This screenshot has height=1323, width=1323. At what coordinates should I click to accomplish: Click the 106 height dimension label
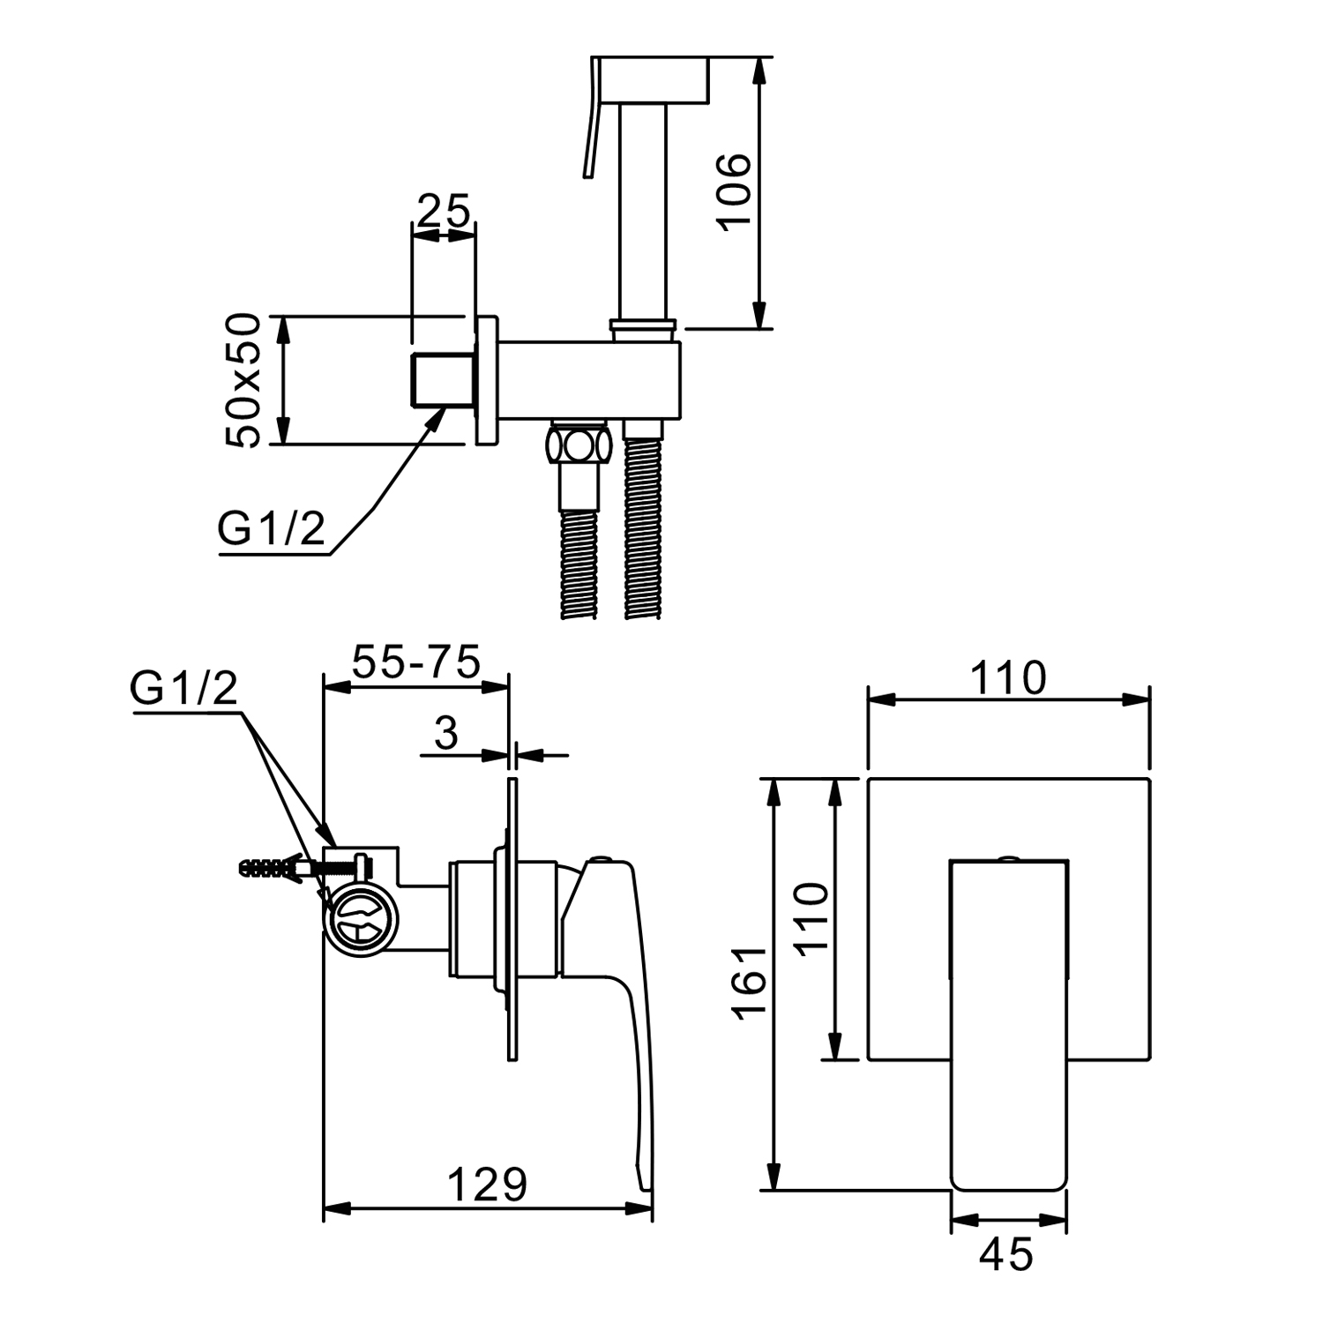pyautogui.click(x=735, y=192)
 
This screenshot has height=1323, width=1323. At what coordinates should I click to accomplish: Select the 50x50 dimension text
pyautogui.click(x=243, y=380)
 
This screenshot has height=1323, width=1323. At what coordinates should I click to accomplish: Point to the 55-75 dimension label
pyautogui.click(x=416, y=661)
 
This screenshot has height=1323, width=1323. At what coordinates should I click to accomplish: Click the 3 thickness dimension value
pyautogui.click(x=447, y=732)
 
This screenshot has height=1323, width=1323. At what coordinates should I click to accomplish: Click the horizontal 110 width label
pyautogui.click(x=1008, y=678)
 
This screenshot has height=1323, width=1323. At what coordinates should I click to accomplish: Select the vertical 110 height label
pyautogui.click(x=810, y=917)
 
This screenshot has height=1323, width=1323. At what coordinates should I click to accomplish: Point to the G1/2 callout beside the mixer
pyautogui.click(x=183, y=688)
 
